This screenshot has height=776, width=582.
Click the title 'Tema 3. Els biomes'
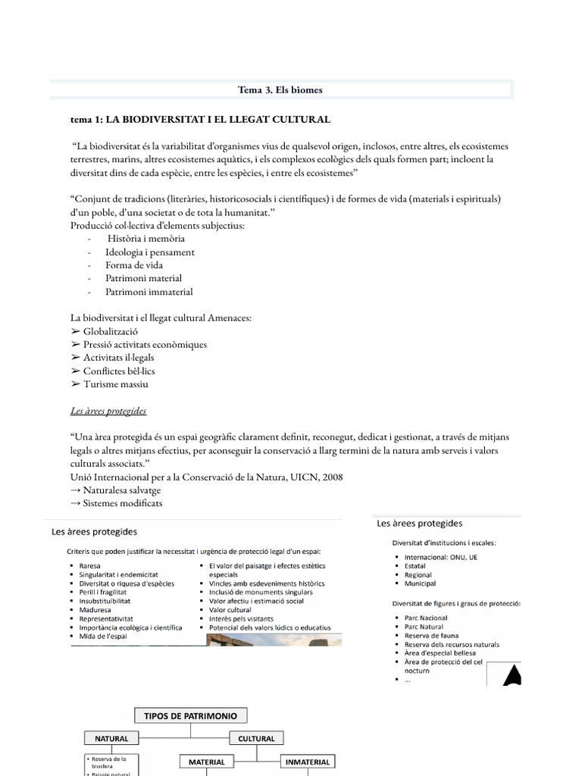tap(280, 90)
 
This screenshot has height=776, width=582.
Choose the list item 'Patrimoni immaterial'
tap(149, 292)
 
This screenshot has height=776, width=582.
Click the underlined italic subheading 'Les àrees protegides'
tap(108, 411)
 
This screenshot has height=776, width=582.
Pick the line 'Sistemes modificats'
tap(122, 503)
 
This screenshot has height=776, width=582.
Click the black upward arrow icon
tap(512, 674)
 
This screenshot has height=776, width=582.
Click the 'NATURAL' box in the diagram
tap(111, 738)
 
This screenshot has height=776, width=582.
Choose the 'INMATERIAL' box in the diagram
tap(308, 762)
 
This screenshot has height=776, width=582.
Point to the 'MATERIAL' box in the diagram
tap(207, 762)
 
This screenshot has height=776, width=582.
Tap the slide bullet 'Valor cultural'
tap(230, 609)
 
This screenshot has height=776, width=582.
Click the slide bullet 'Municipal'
tap(421, 584)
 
